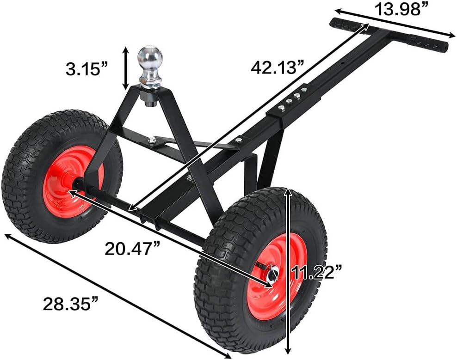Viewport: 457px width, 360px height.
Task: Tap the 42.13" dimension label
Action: coord(277,67)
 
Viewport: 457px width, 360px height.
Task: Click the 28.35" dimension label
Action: coord(71,304)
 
